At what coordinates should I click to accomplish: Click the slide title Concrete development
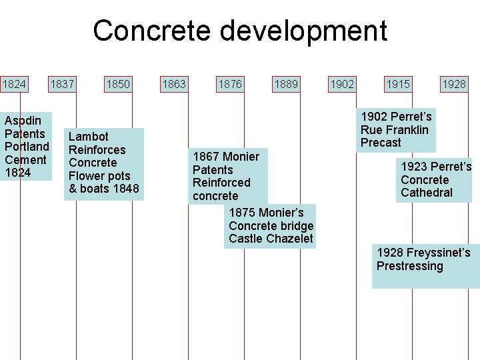[x=240, y=31]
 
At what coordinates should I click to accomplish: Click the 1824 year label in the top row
[x=14, y=84]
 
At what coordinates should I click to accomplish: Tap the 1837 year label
[x=62, y=84]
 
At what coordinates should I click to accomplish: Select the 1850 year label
[x=118, y=84]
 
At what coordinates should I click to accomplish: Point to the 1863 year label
[x=174, y=84]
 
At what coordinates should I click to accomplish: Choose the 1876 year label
[x=230, y=84]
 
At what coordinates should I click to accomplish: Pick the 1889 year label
[x=286, y=84]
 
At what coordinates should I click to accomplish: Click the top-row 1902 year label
[x=342, y=84]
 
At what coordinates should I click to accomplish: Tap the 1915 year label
[x=398, y=84]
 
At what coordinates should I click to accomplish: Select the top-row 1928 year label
[x=454, y=84]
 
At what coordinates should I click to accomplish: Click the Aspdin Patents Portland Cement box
[x=27, y=146]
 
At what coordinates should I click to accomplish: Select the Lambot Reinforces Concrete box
[x=104, y=163]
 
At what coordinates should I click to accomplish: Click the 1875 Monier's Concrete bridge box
[x=270, y=226]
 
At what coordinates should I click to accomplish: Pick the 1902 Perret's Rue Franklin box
[x=396, y=130]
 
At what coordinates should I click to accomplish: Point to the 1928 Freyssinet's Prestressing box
[x=425, y=265]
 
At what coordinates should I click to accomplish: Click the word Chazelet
[x=289, y=239]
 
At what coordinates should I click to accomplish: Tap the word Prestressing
[x=409, y=266]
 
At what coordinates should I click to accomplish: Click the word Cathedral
[x=427, y=193]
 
